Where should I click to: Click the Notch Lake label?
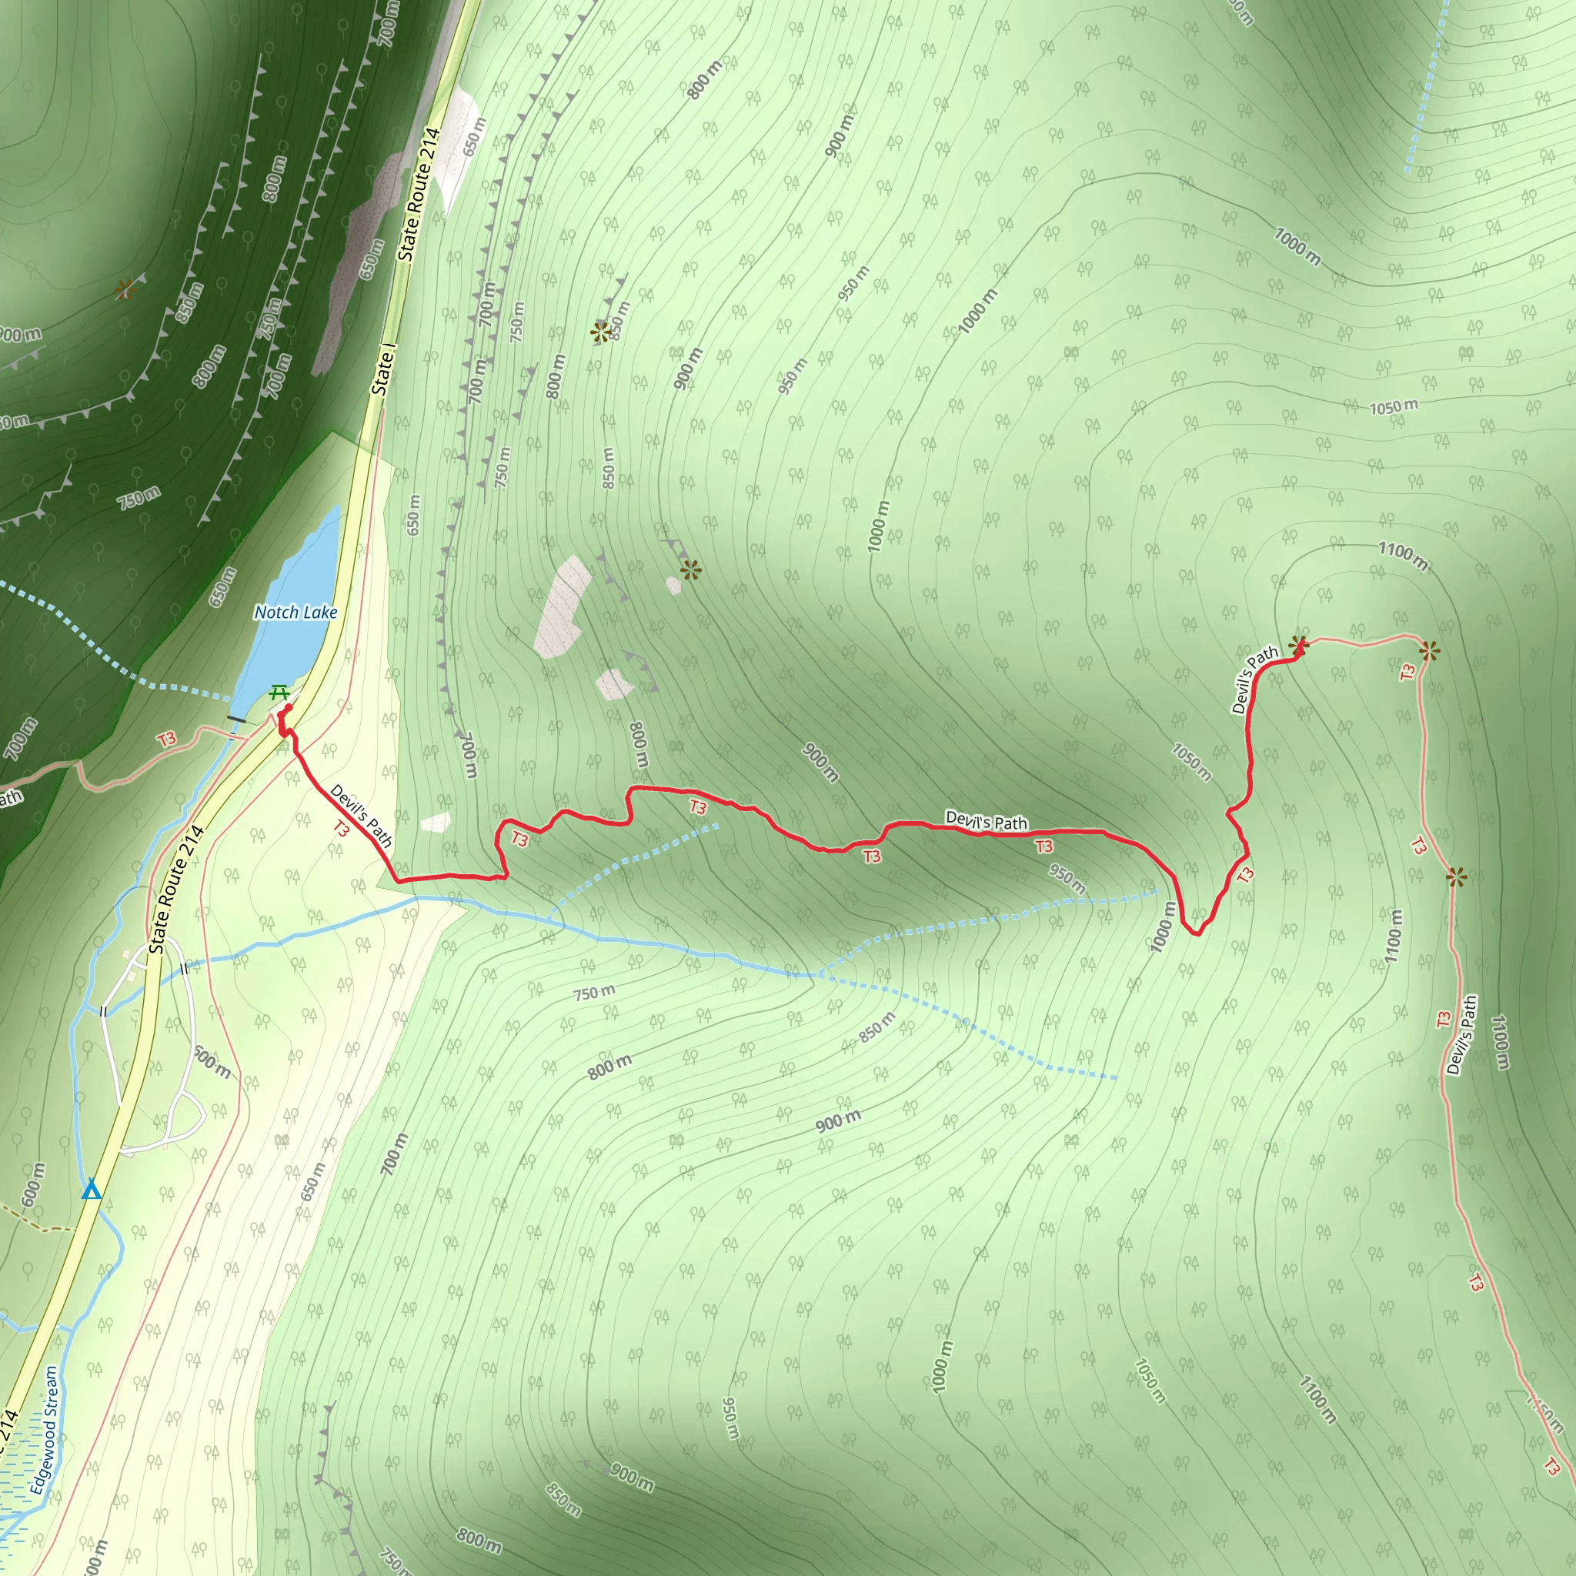click(x=295, y=612)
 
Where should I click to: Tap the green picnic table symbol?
click(x=279, y=693)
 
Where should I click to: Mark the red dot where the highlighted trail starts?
click(x=288, y=709)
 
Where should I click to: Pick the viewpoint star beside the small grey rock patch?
click(x=690, y=570)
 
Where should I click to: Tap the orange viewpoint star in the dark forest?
click(x=124, y=289)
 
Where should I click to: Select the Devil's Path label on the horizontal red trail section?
click(x=986, y=820)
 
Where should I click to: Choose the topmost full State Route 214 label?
click(x=419, y=194)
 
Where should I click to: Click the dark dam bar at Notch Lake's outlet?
click(x=236, y=719)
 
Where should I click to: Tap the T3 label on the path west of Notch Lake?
click(x=167, y=739)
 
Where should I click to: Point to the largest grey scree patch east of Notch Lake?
click(x=562, y=606)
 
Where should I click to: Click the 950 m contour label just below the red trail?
click(x=1066, y=879)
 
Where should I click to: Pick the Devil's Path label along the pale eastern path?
click(x=1461, y=1035)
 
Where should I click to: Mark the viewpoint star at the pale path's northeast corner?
click(x=1429, y=650)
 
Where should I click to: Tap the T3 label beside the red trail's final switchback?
click(x=1245, y=875)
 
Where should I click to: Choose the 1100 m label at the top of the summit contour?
click(x=1403, y=556)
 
